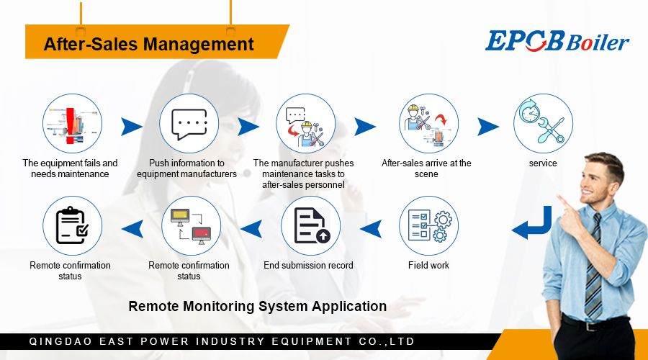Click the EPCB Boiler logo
(x=557, y=41)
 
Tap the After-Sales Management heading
(x=148, y=44)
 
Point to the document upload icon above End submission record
(x=311, y=225)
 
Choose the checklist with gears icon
(x=429, y=225)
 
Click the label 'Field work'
(x=428, y=266)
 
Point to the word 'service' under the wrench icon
(x=543, y=163)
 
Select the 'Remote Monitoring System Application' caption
(x=257, y=306)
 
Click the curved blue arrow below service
(x=532, y=223)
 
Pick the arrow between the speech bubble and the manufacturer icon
(x=248, y=127)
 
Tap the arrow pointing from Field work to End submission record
(x=370, y=229)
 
